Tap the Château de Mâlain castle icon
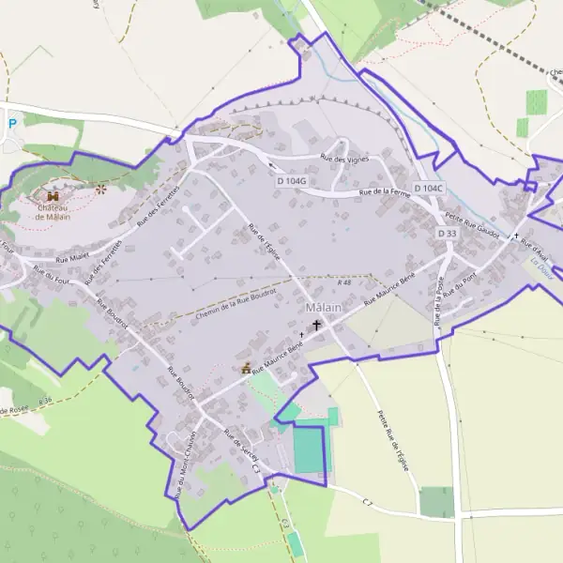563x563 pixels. (x=53, y=196)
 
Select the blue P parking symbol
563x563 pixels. (x=12, y=123)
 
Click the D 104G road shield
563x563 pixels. (x=293, y=179)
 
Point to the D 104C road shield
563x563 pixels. (x=428, y=188)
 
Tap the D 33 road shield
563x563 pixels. (x=446, y=233)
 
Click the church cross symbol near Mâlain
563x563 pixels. (x=316, y=326)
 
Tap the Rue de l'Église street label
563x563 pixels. (x=265, y=243)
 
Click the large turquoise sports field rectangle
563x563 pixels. (x=309, y=449)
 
